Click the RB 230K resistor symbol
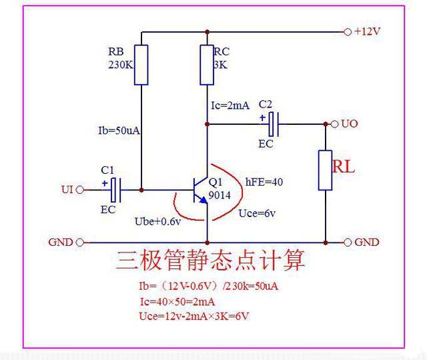[x=141, y=65]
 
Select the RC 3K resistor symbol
[x=207, y=65]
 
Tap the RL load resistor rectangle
[x=325, y=170]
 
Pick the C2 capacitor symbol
[x=273, y=123]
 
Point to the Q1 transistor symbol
[x=200, y=190]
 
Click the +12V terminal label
[x=368, y=31]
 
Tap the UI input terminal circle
[x=81, y=190]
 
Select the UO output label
[x=350, y=124]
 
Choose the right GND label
[x=366, y=242]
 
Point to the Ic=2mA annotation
[x=230, y=105]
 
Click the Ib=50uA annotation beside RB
[x=119, y=130]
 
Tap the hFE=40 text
[x=265, y=181]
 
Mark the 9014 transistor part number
[x=220, y=196]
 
